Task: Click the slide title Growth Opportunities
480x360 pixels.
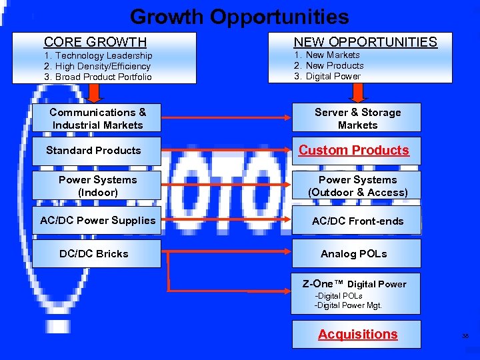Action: pyautogui.click(x=239, y=17)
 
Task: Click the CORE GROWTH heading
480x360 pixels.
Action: pyautogui.click(x=95, y=43)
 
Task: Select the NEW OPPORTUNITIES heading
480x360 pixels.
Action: pyautogui.click(x=365, y=42)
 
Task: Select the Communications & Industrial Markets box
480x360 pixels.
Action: pyautogui.click(x=97, y=119)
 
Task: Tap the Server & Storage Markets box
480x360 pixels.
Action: pyautogui.click(x=357, y=119)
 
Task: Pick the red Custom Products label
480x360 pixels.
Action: pyautogui.click(x=354, y=151)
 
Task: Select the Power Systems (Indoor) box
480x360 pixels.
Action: pyautogui.click(x=97, y=186)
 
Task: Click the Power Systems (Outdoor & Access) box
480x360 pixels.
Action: pyautogui.click(x=357, y=186)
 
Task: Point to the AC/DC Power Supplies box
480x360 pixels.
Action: pyautogui.click(x=97, y=221)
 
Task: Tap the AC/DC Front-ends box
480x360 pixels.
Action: pyautogui.click(x=357, y=221)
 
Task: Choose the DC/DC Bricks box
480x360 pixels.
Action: pyautogui.click(x=94, y=254)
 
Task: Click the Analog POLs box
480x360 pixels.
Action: pyautogui.click(x=354, y=254)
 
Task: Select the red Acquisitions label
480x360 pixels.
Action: pyautogui.click(x=357, y=335)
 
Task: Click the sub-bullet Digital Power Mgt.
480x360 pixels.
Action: pyautogui.click(x=348, y=306)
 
